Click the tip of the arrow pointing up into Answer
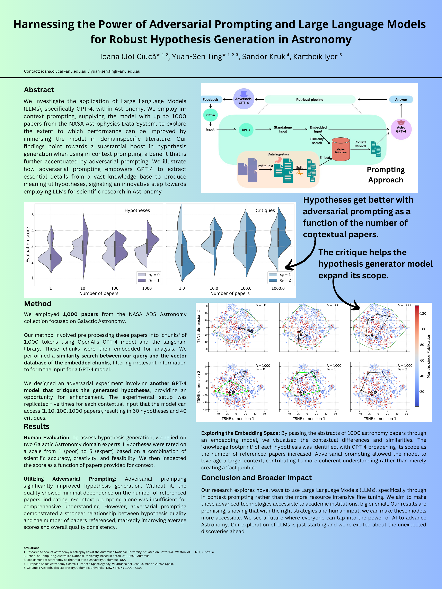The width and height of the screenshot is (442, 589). click(x=401, y=104)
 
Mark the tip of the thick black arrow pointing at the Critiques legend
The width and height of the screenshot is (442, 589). click(x=286, y=267)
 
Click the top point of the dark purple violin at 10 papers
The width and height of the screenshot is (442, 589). click(x=83, y=213)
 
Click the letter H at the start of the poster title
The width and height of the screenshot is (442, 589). click(x=18, y=25)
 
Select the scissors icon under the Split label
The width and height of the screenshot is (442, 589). click(x=300, y=173)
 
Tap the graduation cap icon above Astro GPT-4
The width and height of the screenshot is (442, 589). click(x=401, y=123)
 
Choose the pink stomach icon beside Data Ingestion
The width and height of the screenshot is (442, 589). click(x=279, y=159)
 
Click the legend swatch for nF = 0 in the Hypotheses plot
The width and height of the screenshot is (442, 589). click(x=142, y=274)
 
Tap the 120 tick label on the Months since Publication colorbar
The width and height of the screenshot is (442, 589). click(x=423, y=313)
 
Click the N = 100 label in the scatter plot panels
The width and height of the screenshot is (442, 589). click(x=333, y=305)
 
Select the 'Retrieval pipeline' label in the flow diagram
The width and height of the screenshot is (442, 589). click(x=310, y=100)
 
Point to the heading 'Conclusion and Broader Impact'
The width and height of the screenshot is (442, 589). click(x=256, y=478)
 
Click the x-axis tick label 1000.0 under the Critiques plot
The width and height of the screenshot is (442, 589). click(x=278, y=288)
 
